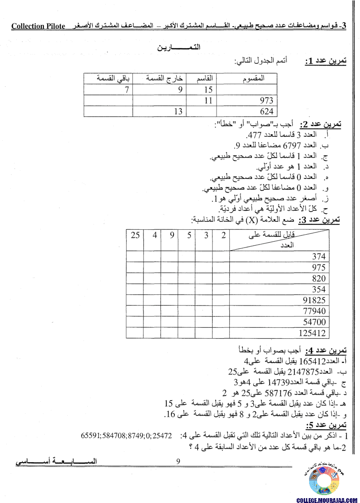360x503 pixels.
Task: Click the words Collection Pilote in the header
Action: pyautogui.click(x=38, y=26)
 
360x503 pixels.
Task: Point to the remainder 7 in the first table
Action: pyautogui.click(x=127, y=90)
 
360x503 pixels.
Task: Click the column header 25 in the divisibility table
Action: pyautogui.click(x=135, y=235)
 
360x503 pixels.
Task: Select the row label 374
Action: pyautogui.click(x=318, y=256)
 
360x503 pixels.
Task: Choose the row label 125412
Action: pyautogui.click(x=312, y=333)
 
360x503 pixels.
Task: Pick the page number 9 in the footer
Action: pyautogui.click(x=178, y=461)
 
